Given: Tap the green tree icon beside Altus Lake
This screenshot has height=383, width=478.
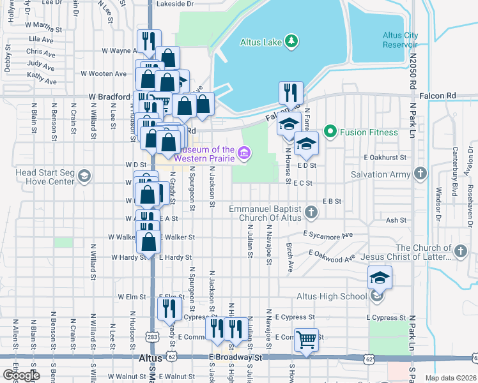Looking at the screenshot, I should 292,41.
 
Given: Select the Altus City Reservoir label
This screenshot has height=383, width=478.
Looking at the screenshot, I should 400,40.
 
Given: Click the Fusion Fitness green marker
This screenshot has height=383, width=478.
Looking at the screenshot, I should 330,132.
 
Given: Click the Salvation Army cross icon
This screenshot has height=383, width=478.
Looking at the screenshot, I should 420,174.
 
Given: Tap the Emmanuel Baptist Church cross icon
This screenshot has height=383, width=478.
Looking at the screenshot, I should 311,212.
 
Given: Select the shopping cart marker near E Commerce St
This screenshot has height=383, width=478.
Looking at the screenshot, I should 307,340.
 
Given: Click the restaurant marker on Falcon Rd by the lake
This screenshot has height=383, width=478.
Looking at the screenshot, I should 291,93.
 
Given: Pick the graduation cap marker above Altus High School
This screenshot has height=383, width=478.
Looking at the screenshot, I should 380,277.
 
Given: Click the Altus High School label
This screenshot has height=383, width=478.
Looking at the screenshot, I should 332,296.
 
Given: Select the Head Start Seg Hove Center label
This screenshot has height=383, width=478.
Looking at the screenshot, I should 45,177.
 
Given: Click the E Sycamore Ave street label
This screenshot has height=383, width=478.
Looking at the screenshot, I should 328,235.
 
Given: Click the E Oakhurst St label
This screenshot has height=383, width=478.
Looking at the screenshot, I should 385,157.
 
